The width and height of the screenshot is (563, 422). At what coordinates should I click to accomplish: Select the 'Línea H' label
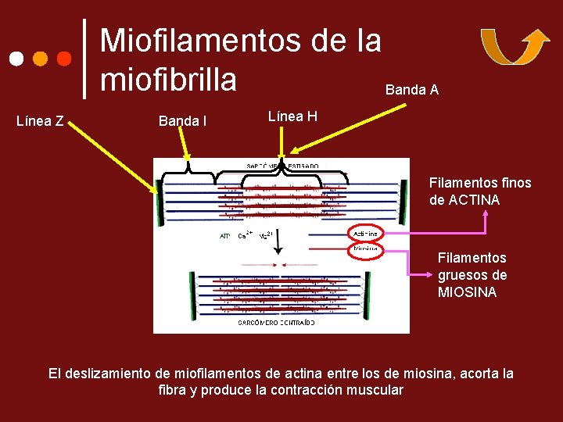click(x=292, y=116)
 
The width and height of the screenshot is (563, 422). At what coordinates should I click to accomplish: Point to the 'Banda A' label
click(x=411, y=90)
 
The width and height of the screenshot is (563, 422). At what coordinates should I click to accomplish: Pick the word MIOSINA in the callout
click(x=467, y=292)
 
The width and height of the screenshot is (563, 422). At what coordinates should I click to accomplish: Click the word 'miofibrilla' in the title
click(x=168, y=79)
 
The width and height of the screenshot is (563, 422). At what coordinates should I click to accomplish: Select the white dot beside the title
click(x=16, y=59)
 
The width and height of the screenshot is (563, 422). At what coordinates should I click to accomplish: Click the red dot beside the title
click(x=65, y=59)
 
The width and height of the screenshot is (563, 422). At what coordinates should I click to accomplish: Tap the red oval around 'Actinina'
click(x=365, y=233)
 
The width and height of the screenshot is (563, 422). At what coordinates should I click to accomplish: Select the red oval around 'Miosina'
click(x=365, y=249)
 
